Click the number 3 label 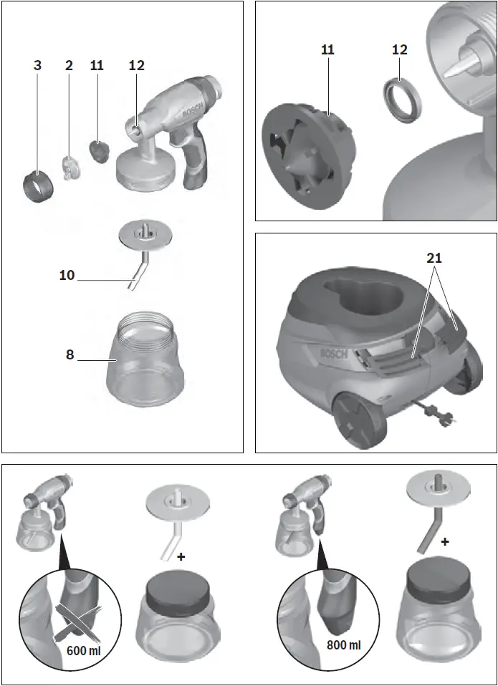click(x=37, y=65)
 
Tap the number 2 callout click(x=69, y=65)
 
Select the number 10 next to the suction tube click(x=67, y=275)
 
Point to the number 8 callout click(x=70, y=354)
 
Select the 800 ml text click(x=343, y=644)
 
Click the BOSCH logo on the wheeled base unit click(x=332, y=353)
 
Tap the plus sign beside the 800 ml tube click(x=445, y=542)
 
